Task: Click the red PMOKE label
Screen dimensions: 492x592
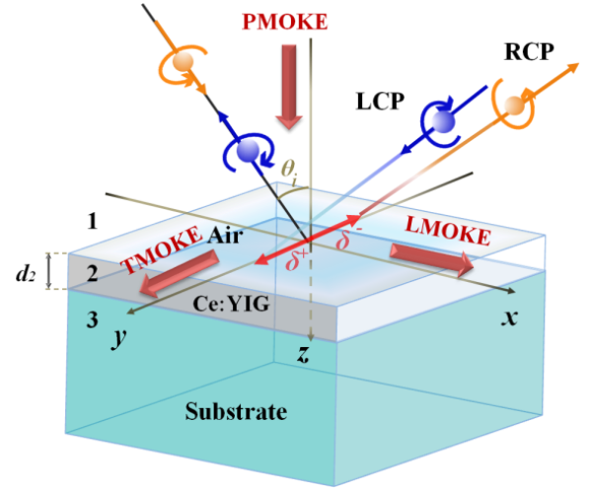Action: [x=287, y=20]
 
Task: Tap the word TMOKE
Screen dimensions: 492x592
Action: [x=157, y=250]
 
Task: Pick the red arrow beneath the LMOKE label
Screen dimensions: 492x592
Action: [x=430, y=258]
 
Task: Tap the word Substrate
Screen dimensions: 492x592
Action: [x=237, y=411]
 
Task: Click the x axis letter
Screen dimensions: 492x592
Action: [x=510, y=317]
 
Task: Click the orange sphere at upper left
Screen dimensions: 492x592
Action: [x=181, y=62]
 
